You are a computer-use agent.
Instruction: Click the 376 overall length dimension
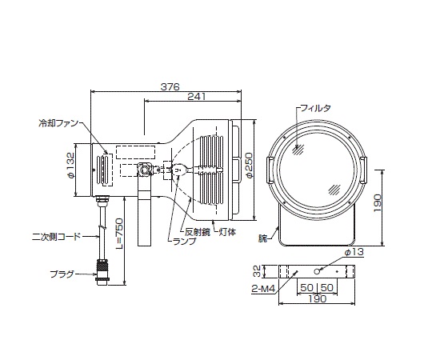tap(170, 86)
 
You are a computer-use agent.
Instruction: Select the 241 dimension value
tap(197, 97)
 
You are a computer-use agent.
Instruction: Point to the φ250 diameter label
tap(249, 165)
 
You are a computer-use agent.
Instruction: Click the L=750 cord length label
tap(118, 234)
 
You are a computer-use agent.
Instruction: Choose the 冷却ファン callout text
tap(58, 123)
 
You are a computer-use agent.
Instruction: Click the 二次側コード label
tap(57, 237)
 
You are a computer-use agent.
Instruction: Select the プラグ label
tap(62, 274)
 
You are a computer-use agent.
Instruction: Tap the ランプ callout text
tap(183, 241)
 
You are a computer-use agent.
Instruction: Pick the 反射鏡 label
tap(198, 232)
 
